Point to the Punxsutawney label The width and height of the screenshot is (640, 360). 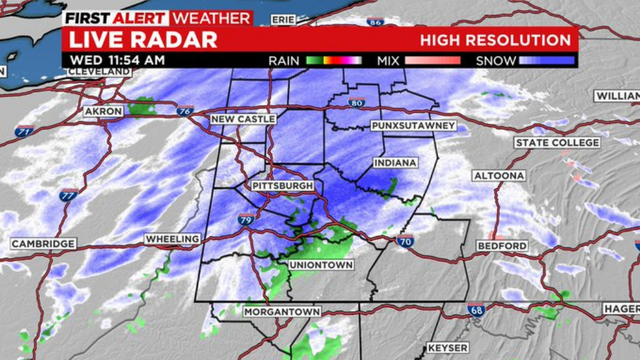(412, 126)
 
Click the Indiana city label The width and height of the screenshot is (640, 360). (395, 163)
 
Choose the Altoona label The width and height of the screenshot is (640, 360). (499, 176)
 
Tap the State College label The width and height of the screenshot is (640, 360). (557, 143)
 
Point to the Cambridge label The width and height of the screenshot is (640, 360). (43, 244)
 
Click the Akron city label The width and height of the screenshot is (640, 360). (103, 110)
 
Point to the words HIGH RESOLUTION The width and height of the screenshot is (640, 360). (496, 40)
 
